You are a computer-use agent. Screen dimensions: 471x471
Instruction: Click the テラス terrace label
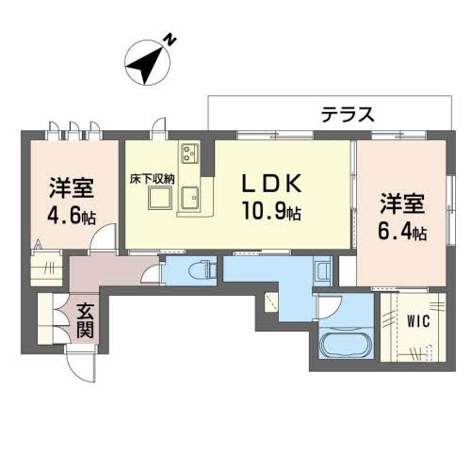349,114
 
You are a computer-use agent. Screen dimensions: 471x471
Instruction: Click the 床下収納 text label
150,176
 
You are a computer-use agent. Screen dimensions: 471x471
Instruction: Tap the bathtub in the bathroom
345,346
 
